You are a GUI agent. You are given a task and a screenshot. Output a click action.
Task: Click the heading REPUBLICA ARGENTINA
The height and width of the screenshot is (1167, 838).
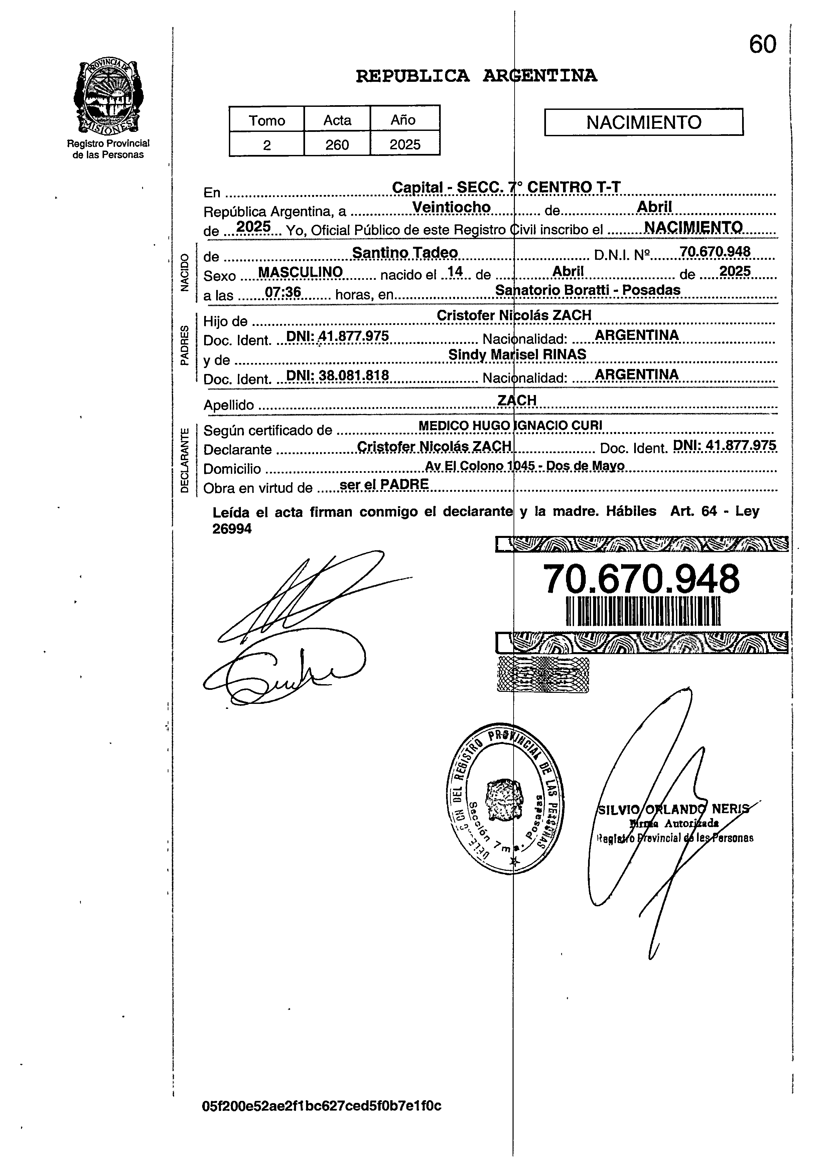click(476, 76)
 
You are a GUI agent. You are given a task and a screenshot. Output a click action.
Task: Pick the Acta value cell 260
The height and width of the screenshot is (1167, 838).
click(337, 145)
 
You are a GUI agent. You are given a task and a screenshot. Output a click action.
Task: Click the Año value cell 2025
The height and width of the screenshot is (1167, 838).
click(405, 145)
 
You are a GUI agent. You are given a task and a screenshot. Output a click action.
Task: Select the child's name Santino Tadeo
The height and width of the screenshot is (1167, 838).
click(405, 253)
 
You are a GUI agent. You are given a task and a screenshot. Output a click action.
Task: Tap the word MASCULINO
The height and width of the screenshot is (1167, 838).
click(300, 272)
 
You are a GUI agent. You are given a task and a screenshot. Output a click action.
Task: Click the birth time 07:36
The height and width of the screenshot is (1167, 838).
click(283, 292)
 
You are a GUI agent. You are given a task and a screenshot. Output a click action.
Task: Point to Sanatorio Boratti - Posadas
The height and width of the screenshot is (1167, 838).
click(587, 290)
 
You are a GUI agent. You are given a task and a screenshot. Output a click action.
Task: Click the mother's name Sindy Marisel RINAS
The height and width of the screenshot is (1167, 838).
click(517, 355)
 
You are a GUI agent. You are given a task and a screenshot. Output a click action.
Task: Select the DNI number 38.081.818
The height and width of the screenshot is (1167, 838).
click(353, 375)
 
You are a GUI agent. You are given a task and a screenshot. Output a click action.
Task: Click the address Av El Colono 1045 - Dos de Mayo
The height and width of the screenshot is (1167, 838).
click(525, 466)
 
